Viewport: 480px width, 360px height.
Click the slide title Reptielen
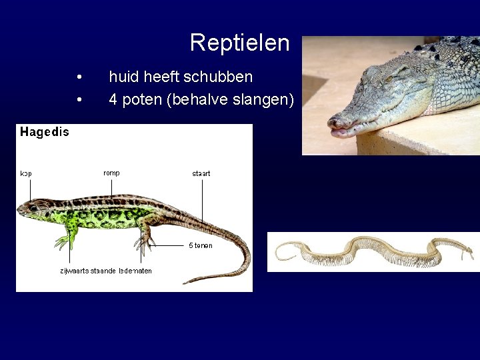pyautogui.click(x=239, y=43)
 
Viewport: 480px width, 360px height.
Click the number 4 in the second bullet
pyautogui.click(x=113, y=100)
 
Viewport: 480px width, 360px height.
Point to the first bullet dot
pyautogui.click(x=79, y=77)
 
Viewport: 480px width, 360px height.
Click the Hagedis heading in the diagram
pyautogui.click(x=45, y=132)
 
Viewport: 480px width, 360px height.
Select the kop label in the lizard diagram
pyautogui.click(x=26, y=174)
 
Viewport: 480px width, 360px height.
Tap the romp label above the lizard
pyautogui.click(x=111, y=173)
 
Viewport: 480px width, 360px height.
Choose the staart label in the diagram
pyautogui.click(x=201, y=174)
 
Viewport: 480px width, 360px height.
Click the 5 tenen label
pyautogui.click(x=201, y=245)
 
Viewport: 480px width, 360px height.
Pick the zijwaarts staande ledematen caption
pyautogui.click(x=106, y=271)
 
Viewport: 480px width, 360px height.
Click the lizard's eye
pyautogui.click(x=33, y=207)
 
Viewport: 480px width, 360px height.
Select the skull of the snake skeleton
pyautogui.click(x=466, y=252)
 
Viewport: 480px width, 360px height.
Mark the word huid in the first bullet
pyautogui.click(x=122, y=77)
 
